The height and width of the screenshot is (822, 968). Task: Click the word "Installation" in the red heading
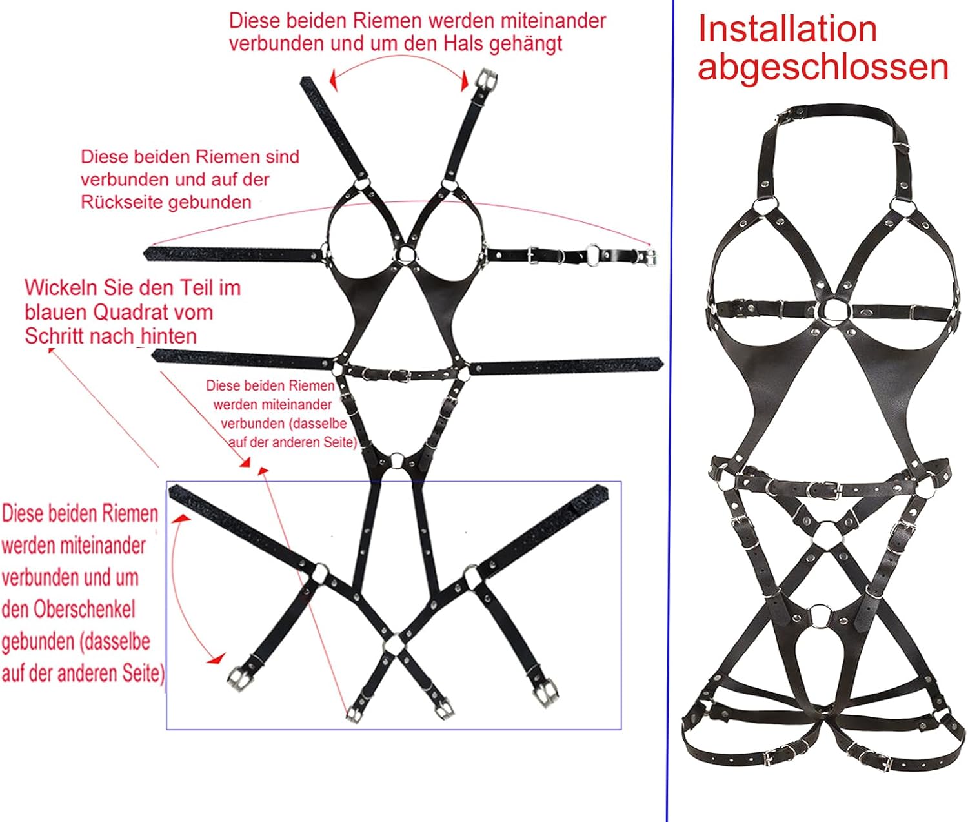(787, 29)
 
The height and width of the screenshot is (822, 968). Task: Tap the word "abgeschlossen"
(823, 67)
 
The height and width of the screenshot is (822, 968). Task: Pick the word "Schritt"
(56, 336)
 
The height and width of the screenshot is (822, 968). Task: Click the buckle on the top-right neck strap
(486, 80)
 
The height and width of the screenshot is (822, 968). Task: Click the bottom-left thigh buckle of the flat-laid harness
(238, 676)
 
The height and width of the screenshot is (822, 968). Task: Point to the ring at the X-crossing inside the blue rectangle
(393, 645)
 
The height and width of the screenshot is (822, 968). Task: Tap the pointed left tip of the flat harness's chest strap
(147, 253)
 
